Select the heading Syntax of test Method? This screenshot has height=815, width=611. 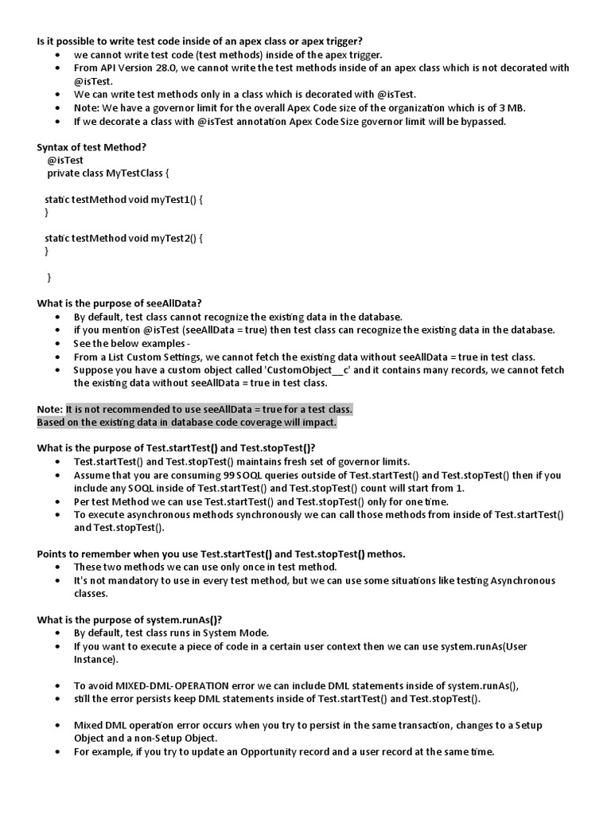tap(91, 147)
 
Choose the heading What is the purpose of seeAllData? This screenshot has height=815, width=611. tap(119, 303)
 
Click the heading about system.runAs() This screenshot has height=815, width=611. tap(130, 619)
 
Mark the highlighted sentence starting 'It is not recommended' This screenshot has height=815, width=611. tap(209, 409)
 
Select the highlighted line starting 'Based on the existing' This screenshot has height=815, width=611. tap(187, 423)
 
